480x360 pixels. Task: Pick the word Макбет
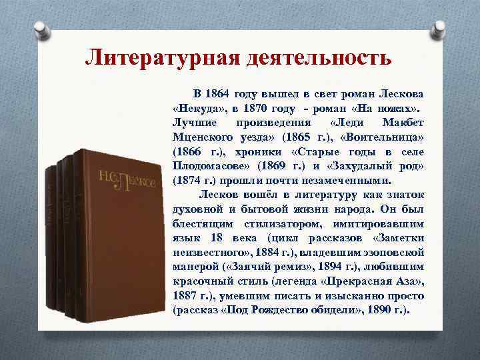(x=404, y=123)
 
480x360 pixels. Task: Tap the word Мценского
(x=202, y=137)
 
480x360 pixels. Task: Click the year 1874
(x=189, y=179)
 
